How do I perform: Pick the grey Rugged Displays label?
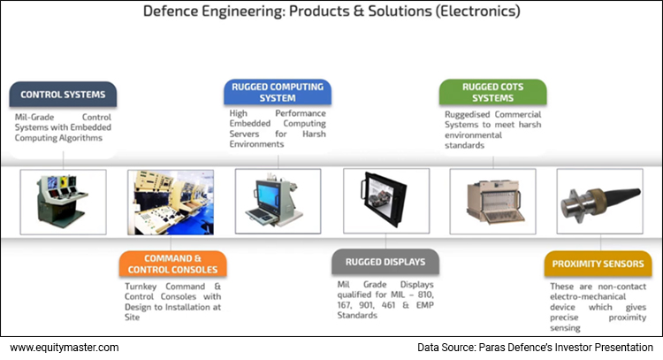[x=385, y=262]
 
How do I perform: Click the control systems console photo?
[x=63, y=201]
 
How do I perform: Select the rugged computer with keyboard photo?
[x=278, y=201]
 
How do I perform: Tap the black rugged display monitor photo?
[x=385, y=201]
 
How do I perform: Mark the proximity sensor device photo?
[x=598, y=201]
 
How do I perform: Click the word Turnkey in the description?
[x=143, y=287]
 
